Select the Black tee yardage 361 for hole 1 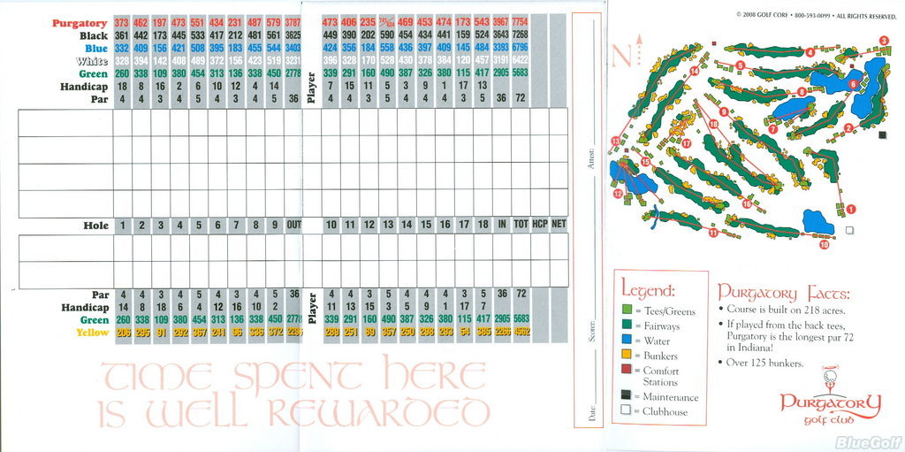122,35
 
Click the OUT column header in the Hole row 293,226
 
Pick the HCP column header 540,226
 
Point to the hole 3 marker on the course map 884,41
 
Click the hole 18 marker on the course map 714,125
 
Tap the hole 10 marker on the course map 824,246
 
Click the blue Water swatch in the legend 626,341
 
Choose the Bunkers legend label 661,356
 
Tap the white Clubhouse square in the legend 626,410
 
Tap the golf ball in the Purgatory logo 829,379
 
